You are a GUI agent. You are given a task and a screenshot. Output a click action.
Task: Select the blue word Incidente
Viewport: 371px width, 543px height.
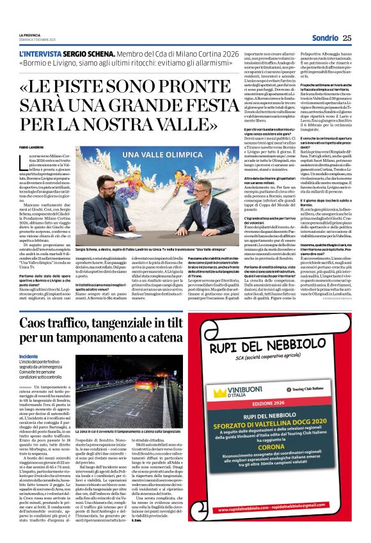[x=28, y=357]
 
